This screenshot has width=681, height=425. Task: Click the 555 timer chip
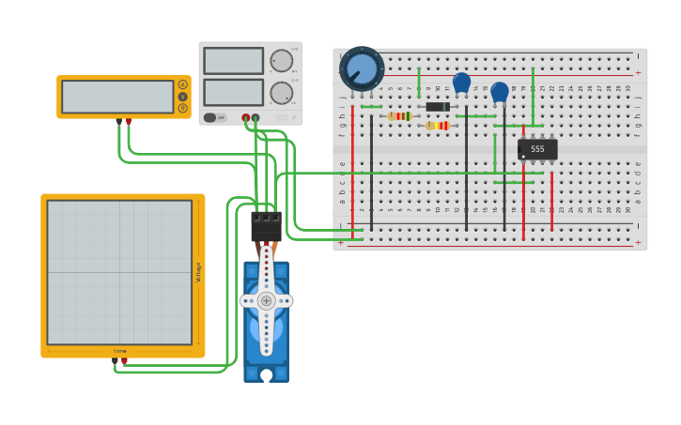coord(537,149)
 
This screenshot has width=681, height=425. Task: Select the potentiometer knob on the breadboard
coord(362,68)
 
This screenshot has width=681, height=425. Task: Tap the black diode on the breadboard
coord(438,106)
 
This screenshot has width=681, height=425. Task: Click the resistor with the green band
coord(399,116)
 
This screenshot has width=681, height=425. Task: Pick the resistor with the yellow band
coord(438,126)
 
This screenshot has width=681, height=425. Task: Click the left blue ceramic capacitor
coord(461,83)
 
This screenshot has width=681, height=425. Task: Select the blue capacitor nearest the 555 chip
coord(500,92)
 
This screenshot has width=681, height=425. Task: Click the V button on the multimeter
coord(182,97)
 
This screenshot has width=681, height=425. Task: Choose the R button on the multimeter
coord(182,108)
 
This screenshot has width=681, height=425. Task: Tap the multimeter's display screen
coord(117,96)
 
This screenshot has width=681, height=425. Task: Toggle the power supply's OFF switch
coord(215,117)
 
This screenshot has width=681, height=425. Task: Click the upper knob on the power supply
coord(281,61)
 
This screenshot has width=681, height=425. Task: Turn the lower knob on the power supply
coord(281,92)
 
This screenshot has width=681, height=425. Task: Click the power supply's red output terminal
coord(246,118)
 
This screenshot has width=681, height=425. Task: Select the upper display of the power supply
coord(233,61)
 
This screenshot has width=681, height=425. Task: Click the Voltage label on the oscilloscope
coord(198,272)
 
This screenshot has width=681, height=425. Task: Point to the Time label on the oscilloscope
coord(119,351)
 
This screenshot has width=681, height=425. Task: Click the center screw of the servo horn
coord(267,300)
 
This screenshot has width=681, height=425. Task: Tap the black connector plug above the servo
coord(266,226)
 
